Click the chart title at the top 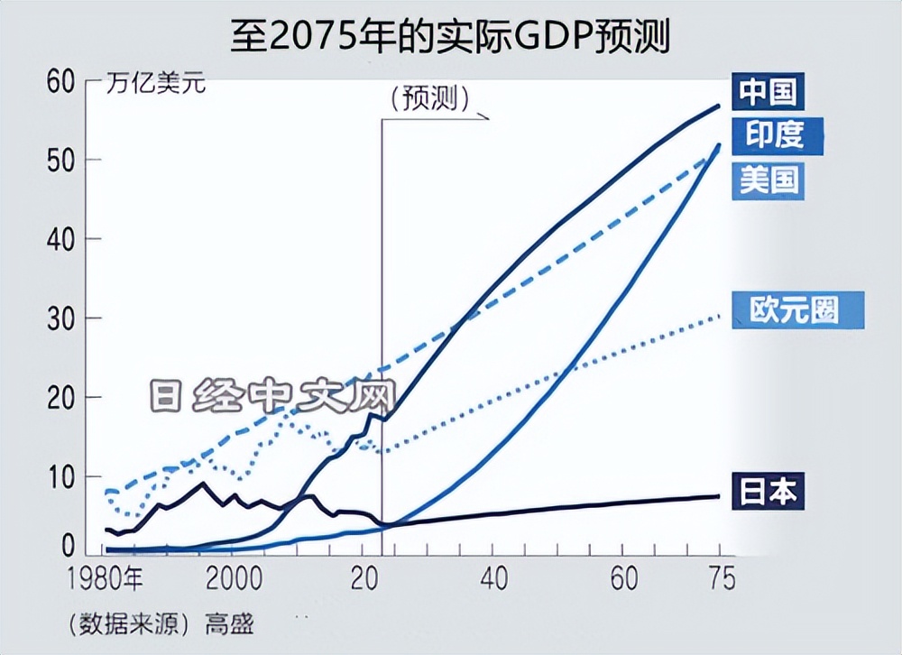[x=450, y=36]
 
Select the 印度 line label [x=774, y=135]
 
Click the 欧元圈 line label [x=794, y=309]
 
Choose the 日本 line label [x=769, y=492]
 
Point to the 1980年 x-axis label [x=106, y=578]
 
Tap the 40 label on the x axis [x=493, y=578]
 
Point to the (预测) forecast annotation [x=430, y=99]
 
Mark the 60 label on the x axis [x=623, y=578]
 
